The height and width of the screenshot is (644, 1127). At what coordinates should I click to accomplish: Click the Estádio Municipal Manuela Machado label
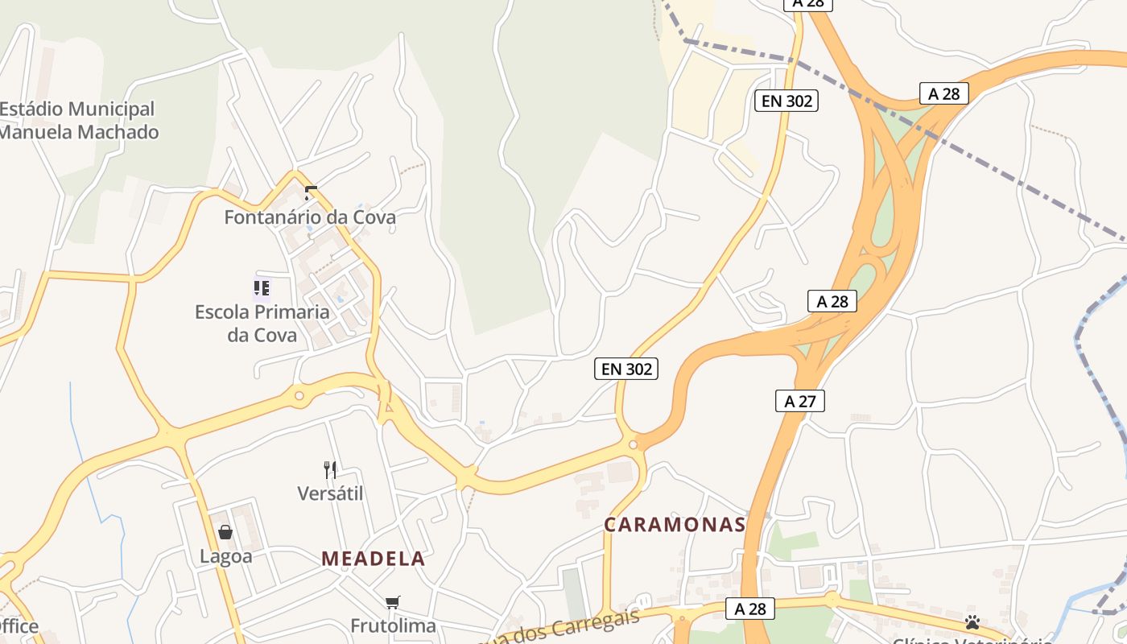click(78, 120)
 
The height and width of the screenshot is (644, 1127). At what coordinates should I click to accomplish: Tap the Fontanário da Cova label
click(310, 217)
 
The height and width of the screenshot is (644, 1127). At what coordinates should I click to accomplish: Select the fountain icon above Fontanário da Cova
click(311, 193)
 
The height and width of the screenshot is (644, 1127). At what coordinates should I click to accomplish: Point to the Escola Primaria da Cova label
click(262, 323)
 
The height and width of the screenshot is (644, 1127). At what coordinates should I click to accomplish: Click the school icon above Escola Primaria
click(262, 287)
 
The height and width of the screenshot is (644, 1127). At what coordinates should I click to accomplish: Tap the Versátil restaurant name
click(330, 493)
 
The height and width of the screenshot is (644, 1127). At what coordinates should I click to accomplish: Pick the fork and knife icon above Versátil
click(330, 469)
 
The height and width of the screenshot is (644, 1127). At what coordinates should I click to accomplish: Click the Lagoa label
click(225, 556)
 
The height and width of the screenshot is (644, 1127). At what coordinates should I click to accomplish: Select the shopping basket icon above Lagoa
click(225, 532)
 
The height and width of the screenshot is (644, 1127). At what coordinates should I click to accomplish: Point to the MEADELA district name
click(373, 559)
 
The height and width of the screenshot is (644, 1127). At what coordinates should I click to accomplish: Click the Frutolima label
click(393, 625)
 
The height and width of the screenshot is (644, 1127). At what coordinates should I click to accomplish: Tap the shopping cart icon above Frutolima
click(393, 602)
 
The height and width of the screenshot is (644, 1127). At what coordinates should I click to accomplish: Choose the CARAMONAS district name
click(675, 525)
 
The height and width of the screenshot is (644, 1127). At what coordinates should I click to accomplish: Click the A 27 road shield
click(800, 400)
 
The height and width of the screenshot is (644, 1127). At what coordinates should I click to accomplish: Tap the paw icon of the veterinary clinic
click(972, 622)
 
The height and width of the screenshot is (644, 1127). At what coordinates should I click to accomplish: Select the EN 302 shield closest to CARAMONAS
click(626, 369)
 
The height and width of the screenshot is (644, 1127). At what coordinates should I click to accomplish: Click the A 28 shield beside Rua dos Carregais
click(750, 609)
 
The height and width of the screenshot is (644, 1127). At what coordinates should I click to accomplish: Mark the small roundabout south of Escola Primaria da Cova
click(299, 395)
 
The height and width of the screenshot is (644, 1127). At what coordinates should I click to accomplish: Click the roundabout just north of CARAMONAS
click(634, 444)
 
